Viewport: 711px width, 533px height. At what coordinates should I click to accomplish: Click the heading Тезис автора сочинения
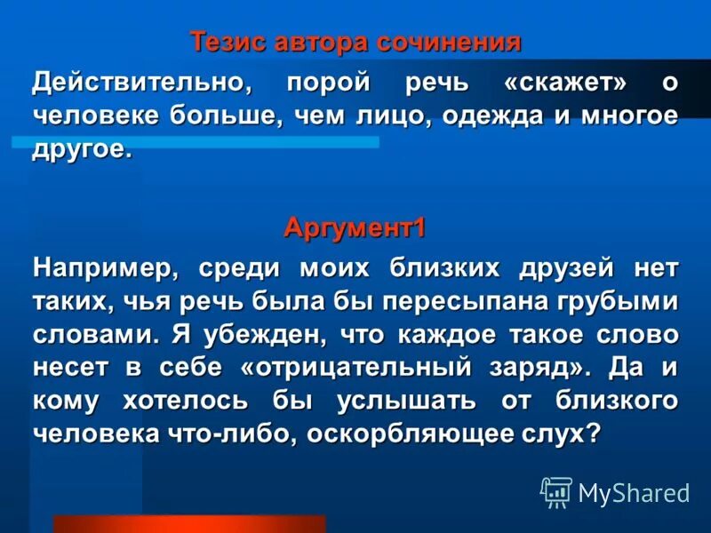[x=355, y=42]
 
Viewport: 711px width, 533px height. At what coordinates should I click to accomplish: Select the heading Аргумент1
[x=355, y=228]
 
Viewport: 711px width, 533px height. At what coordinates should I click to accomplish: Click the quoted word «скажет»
[x=565, y=83]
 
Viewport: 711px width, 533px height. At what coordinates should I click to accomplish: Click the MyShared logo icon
[x=556, y=491]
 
